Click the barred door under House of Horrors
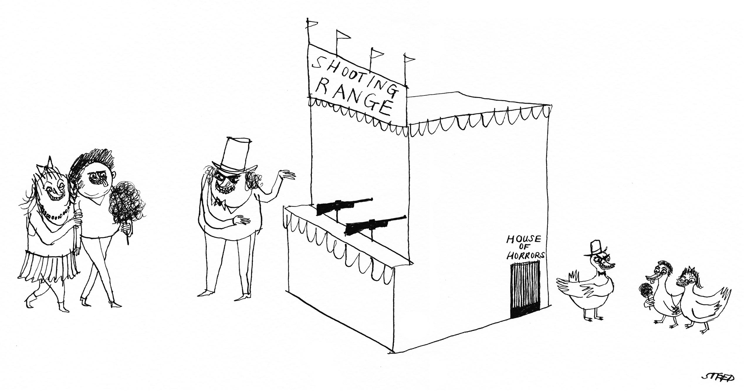[525, 289]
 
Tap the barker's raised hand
[286, 176]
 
